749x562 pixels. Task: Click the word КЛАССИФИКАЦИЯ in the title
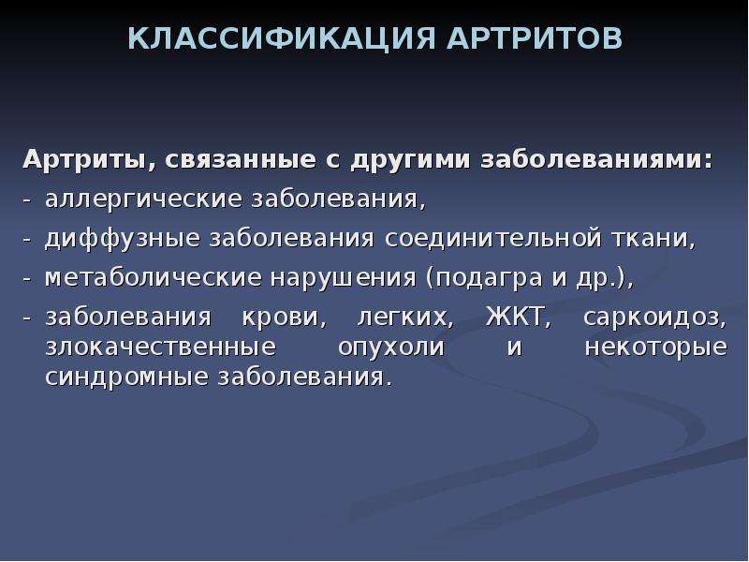(282, 38)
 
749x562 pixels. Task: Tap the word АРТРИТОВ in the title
(535, 38)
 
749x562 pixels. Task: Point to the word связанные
(241, 160)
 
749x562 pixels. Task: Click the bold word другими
(410, 160)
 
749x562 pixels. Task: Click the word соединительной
(492, 238)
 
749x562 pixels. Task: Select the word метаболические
(154, 277)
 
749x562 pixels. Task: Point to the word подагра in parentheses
(482, 278)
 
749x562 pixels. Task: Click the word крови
(285, 318)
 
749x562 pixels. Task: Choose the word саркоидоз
(654, 318)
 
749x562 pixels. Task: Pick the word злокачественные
(160, 347)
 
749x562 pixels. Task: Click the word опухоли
(391, 348)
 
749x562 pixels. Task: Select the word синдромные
(126, 377)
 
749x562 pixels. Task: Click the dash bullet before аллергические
(26, 200)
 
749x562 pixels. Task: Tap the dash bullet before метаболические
(26, 278)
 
